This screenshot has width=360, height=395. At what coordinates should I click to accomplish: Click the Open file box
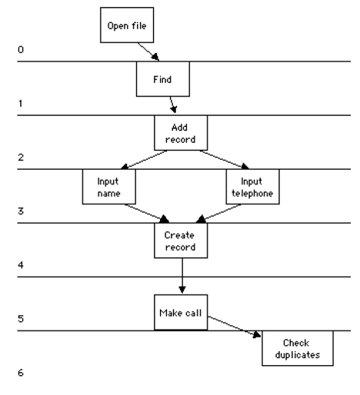[127, 25]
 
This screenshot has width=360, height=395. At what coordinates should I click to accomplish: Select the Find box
[163, 79]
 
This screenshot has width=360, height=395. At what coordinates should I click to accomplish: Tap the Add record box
[181, 133]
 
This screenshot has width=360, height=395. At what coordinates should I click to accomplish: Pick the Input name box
[109, 187]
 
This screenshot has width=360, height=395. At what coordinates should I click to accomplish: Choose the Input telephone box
[252, 187]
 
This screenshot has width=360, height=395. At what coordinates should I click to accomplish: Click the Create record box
[181, 241]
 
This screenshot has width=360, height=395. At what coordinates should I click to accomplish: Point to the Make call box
[181, 312]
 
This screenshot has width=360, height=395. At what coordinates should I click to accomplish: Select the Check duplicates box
[298, 348]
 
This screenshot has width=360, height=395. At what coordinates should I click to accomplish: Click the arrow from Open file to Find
[148, 51]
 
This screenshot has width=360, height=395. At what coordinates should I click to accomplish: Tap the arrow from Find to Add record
[173, 105]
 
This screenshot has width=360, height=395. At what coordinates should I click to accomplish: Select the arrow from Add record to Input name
[144, 160]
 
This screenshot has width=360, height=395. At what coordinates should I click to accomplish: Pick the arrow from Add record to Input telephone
[224, 160]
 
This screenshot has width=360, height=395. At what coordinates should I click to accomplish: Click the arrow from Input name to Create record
[147, 214]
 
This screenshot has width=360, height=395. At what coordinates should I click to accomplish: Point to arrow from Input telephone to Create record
[218, 214]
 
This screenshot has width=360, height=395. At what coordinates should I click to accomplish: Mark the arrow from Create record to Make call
[182, 276]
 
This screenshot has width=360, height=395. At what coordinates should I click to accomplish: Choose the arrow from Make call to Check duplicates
[234, 327]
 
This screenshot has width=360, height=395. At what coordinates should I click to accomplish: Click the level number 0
[21, 49]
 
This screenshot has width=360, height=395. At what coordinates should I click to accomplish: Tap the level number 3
[21, 211]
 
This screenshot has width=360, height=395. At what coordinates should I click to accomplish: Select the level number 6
[21, 373]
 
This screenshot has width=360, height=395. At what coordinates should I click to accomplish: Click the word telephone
[252, 194]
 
